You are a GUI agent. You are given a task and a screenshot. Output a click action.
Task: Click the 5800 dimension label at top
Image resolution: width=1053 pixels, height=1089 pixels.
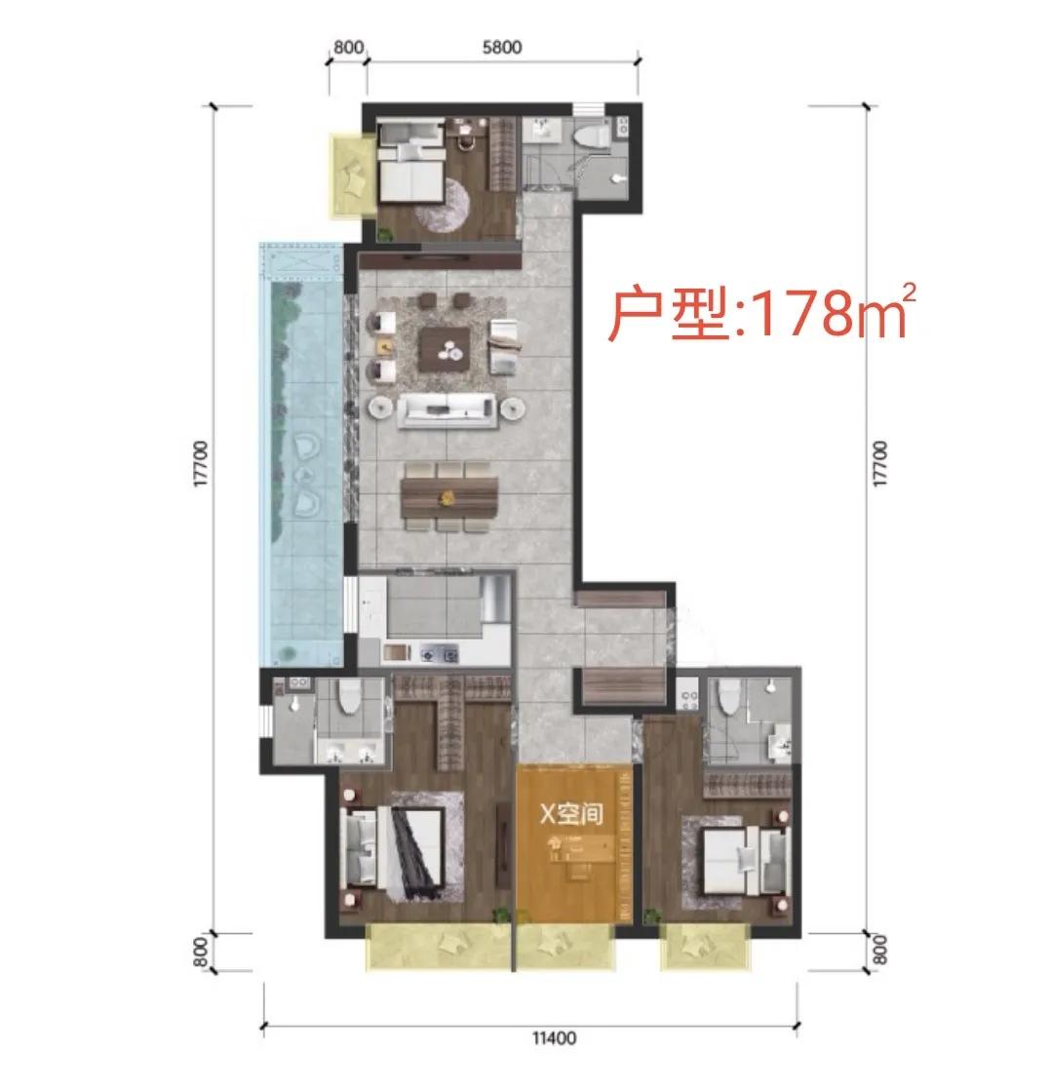pos(501,47)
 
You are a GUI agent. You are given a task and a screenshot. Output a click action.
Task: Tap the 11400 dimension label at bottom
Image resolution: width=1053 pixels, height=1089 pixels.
pos(554,1038)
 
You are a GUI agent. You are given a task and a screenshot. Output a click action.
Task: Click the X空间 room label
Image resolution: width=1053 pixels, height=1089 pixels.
pos(571,813)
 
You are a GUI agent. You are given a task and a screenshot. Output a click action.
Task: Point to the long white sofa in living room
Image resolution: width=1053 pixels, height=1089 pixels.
pos(447,410)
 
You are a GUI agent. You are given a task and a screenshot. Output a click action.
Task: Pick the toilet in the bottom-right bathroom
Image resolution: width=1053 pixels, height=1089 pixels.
pos(728,697)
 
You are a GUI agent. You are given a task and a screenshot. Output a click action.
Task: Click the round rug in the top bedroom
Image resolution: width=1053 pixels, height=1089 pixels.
pos(444,205)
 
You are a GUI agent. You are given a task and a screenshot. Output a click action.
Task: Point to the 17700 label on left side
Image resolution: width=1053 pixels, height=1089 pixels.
pos(200,464)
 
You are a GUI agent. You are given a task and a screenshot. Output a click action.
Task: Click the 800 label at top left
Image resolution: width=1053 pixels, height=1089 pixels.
pos(348,47)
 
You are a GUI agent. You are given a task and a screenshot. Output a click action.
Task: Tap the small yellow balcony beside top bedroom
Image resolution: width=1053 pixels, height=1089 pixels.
pos(352,176)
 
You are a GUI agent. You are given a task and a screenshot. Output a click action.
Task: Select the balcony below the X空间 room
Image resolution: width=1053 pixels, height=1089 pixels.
pos(566,947)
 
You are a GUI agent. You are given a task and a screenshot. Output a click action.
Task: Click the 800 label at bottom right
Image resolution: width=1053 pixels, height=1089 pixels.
pos(879,950)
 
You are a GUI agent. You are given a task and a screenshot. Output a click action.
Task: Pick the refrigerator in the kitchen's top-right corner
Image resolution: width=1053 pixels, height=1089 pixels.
pos(496,598)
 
